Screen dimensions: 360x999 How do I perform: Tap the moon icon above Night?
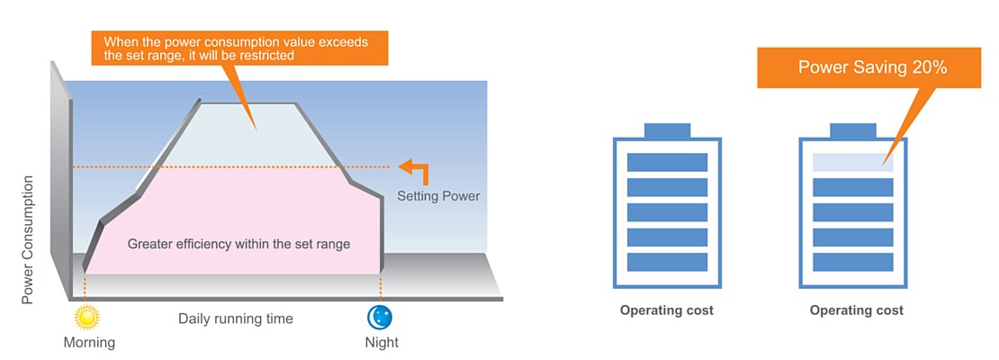(379, 317)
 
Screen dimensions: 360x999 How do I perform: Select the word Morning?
(89, 342)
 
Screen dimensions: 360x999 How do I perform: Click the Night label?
(382, 342)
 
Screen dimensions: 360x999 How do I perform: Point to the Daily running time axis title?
(235, 319)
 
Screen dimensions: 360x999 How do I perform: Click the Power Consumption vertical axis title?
(28, 239)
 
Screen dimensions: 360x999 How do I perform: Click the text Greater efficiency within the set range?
(238, 244)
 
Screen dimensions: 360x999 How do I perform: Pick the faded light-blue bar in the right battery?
(852, 163)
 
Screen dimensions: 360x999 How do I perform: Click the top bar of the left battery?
(667, 163)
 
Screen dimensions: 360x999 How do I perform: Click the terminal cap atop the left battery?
(667, 130)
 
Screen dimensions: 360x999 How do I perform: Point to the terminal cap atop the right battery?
(852, 130)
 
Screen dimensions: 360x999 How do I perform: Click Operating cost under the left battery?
(667, 310)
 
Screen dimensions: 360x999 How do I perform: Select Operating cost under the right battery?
(856, 310)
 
